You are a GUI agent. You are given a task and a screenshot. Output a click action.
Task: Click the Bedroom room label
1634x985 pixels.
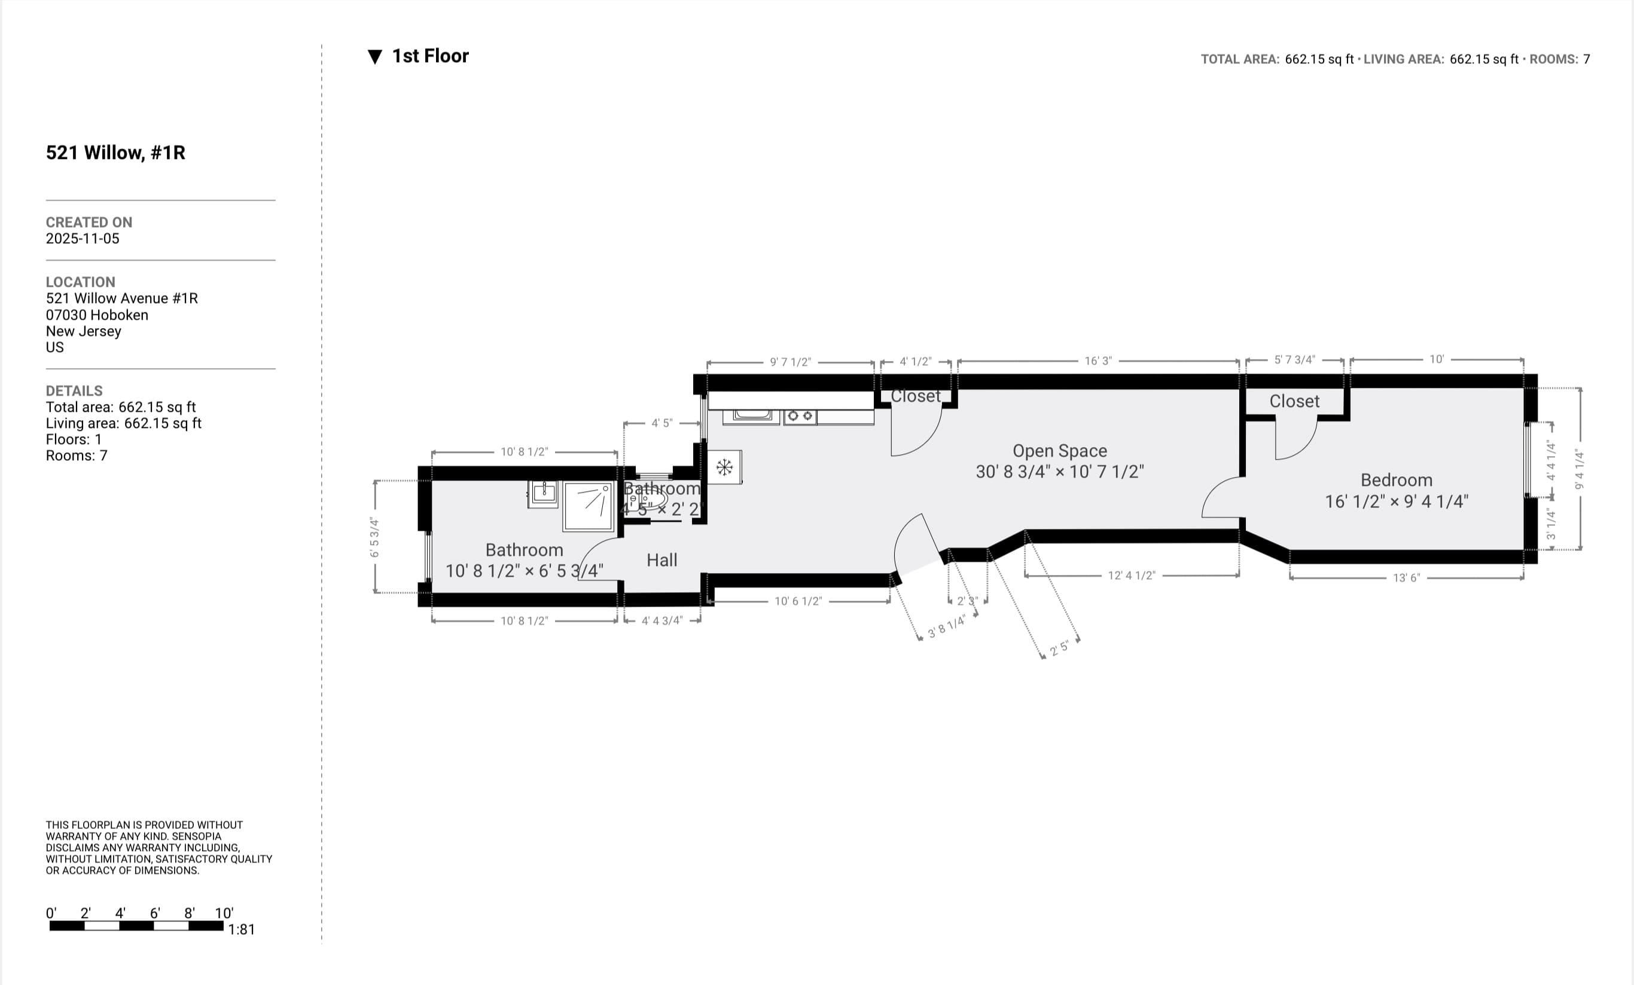click(1396, 480)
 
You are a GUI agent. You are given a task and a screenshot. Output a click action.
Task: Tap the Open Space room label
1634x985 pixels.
click(1059, 451)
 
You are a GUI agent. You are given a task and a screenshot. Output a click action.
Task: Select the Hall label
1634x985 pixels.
click(661, 560)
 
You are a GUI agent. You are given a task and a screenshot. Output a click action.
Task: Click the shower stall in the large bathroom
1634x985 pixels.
click(588, 506)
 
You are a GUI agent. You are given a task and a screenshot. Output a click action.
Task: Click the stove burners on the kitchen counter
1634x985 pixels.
click(800, 416)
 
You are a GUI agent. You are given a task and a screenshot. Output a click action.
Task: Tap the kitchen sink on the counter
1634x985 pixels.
click(751, 415)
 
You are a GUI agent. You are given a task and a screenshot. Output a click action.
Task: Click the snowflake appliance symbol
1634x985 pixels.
click(724, 467)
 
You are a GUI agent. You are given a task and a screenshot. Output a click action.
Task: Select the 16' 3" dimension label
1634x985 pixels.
click(1098, 361)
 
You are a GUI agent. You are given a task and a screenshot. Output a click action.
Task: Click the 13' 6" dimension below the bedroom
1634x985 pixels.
click(1406, 578)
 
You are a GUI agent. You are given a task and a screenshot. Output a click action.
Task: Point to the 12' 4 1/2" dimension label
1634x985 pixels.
click(1132, 576)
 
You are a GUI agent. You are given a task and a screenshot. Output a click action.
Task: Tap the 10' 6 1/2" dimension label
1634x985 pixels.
click(798, 601)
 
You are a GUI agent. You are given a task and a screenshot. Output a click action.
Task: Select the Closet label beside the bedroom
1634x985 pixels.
click(1294, 402)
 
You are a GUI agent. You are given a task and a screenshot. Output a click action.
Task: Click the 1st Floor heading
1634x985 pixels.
click(429, 56)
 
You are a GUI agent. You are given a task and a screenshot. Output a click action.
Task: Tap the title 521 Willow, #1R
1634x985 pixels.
click(115, 153)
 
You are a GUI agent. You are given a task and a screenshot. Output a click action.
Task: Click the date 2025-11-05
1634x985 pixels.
click(82, 238)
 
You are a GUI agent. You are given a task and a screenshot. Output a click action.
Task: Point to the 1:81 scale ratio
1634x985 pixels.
click(242, 929)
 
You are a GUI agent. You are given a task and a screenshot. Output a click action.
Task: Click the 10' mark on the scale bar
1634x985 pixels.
click(224, 913)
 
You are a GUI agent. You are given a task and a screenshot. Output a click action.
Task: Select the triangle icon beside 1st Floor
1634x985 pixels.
click(374, 57)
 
